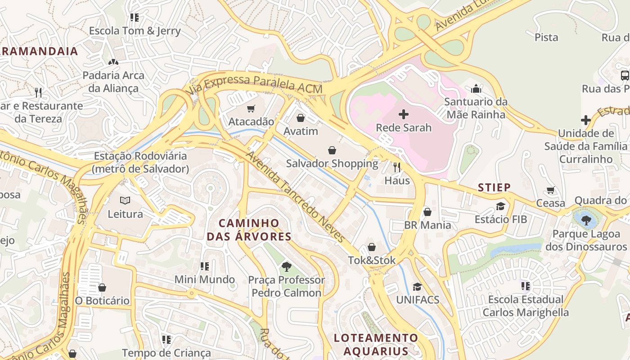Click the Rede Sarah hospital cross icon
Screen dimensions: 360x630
tap(404, 114)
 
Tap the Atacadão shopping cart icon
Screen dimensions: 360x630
tap(251, 108)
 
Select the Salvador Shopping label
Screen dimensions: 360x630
tap(332, 163)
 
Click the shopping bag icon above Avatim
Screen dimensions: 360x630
tap(300, 118)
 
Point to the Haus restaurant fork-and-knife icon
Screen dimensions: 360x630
tap(397, 167)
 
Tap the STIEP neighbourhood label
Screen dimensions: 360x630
tap(494, 187)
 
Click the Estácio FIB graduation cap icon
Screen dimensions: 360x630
tap(500, 206)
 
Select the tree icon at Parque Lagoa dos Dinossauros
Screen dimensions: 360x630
tap(586, 220)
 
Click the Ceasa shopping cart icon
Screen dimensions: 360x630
tap(551, 190)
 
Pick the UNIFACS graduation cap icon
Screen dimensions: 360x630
tap(418, 287)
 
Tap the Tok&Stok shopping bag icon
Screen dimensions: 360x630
tap(372, 247)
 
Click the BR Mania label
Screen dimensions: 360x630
tap(427, 225)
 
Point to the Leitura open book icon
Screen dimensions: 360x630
tap(125, 201)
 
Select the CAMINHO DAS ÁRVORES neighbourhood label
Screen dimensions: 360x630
tap(249, 229)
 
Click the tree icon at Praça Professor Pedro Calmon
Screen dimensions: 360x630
tap(286, 267)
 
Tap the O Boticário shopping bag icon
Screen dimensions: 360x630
tap(102, 288)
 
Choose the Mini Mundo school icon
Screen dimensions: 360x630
tap(205, 266)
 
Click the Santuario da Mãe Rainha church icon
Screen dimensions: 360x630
tap(476, 89)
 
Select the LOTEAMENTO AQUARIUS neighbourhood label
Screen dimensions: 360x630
tap(376, 344)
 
